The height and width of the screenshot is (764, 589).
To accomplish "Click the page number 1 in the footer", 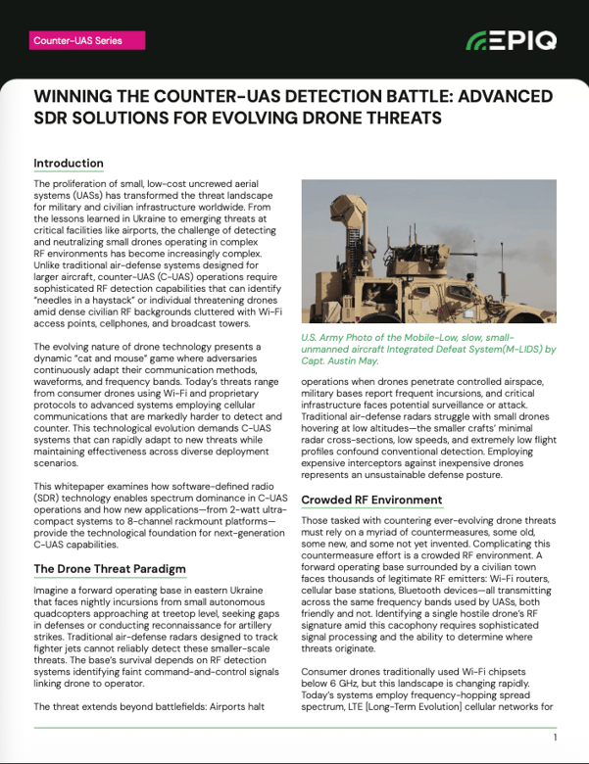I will pyautogui.click(x=555, y=738).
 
